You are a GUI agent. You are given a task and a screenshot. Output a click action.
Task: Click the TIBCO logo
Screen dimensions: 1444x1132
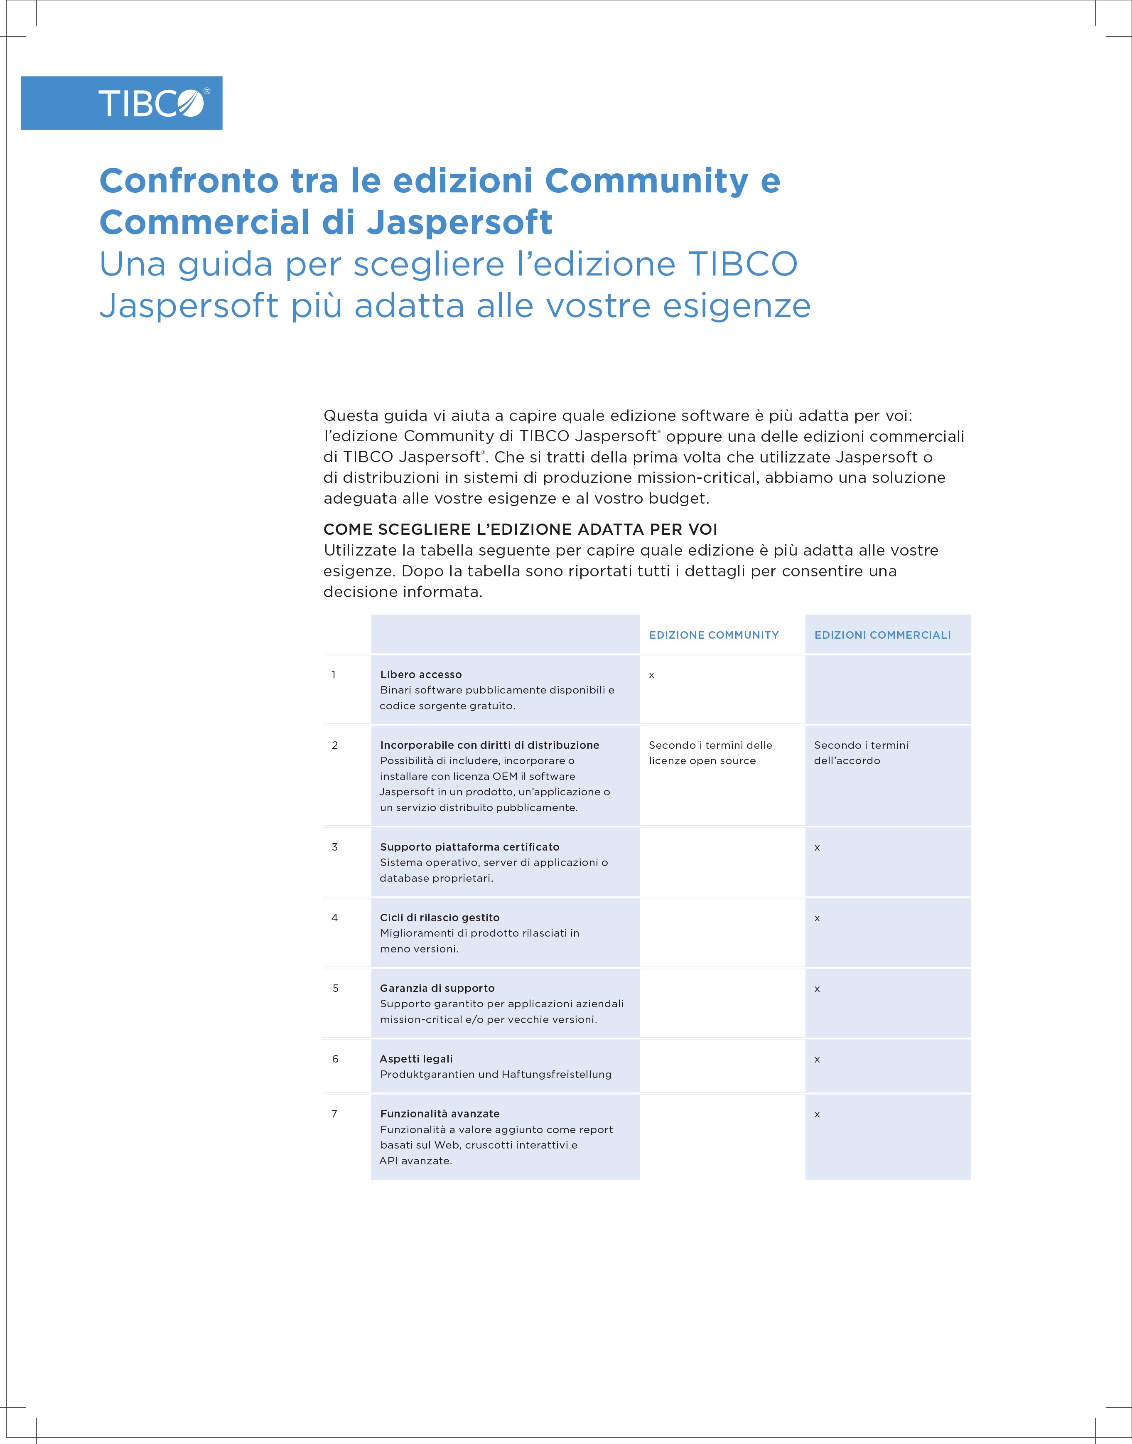coord(154,103)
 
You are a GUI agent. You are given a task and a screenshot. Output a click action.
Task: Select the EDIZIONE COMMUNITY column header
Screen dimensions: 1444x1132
coord(714,635)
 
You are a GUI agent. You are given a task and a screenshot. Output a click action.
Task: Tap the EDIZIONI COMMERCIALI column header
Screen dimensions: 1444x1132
coord(882,635)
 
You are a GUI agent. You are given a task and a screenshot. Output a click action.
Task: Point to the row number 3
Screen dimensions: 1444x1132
coord(335,846)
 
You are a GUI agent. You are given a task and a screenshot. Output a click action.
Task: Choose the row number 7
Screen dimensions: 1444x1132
coord(335,1114)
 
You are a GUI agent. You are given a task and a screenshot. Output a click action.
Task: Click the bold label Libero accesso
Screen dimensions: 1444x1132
coord(421,674)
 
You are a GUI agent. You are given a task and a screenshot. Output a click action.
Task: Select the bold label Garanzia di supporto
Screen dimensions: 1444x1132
coord(437,988)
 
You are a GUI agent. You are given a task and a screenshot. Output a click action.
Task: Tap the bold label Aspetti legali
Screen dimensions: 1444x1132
coord(416,1059)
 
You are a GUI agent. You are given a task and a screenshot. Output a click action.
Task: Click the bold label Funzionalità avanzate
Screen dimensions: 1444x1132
coord(440,1114)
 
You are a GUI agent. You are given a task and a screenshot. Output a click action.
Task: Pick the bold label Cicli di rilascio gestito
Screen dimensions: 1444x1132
coord(440,918)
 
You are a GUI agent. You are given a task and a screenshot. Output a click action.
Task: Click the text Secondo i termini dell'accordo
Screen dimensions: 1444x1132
coord(861,753)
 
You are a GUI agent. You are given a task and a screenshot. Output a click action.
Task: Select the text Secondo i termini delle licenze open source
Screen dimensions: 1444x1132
coord(710,753)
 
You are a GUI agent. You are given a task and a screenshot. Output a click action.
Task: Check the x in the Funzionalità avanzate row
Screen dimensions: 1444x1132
coord(817,1114)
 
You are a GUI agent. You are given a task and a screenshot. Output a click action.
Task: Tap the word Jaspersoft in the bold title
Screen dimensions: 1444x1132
coord(459,222)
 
